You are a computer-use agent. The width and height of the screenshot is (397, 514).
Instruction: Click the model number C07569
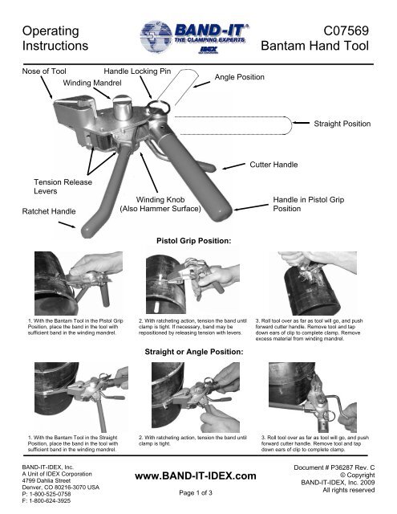click(346, 31)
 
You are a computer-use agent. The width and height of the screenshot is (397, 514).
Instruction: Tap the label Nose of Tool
click(44, 71)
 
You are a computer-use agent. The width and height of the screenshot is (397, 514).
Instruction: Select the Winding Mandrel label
click(92, 83)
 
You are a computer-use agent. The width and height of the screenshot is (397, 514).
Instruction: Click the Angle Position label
click(240, 77)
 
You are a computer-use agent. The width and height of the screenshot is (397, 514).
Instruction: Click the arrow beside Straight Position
click(301, 123)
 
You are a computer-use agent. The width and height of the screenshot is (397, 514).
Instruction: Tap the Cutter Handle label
click(273, 165)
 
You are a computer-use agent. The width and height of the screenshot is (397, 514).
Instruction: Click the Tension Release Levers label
click(63, 186)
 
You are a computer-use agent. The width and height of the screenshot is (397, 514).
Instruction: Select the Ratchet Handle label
click(49, 211)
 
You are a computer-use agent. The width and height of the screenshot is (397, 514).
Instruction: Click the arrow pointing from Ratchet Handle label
click(67, 225)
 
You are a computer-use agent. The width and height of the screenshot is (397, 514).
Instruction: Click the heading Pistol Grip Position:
click(194, 241)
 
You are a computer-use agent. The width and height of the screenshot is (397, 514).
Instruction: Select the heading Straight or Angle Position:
click(194, 352)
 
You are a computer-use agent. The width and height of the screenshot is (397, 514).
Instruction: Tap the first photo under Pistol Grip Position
click(79, 284)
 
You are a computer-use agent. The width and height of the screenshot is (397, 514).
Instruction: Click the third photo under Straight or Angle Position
click(313, 398)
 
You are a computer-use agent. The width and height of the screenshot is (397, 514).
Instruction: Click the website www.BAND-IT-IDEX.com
click(196, 476)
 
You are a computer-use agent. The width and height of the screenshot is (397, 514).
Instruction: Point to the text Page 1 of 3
click(196, 492)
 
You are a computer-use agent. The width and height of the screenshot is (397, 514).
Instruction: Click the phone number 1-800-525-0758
click(50, 494)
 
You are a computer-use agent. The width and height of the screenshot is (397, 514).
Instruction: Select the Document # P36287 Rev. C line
click(334, 467)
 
